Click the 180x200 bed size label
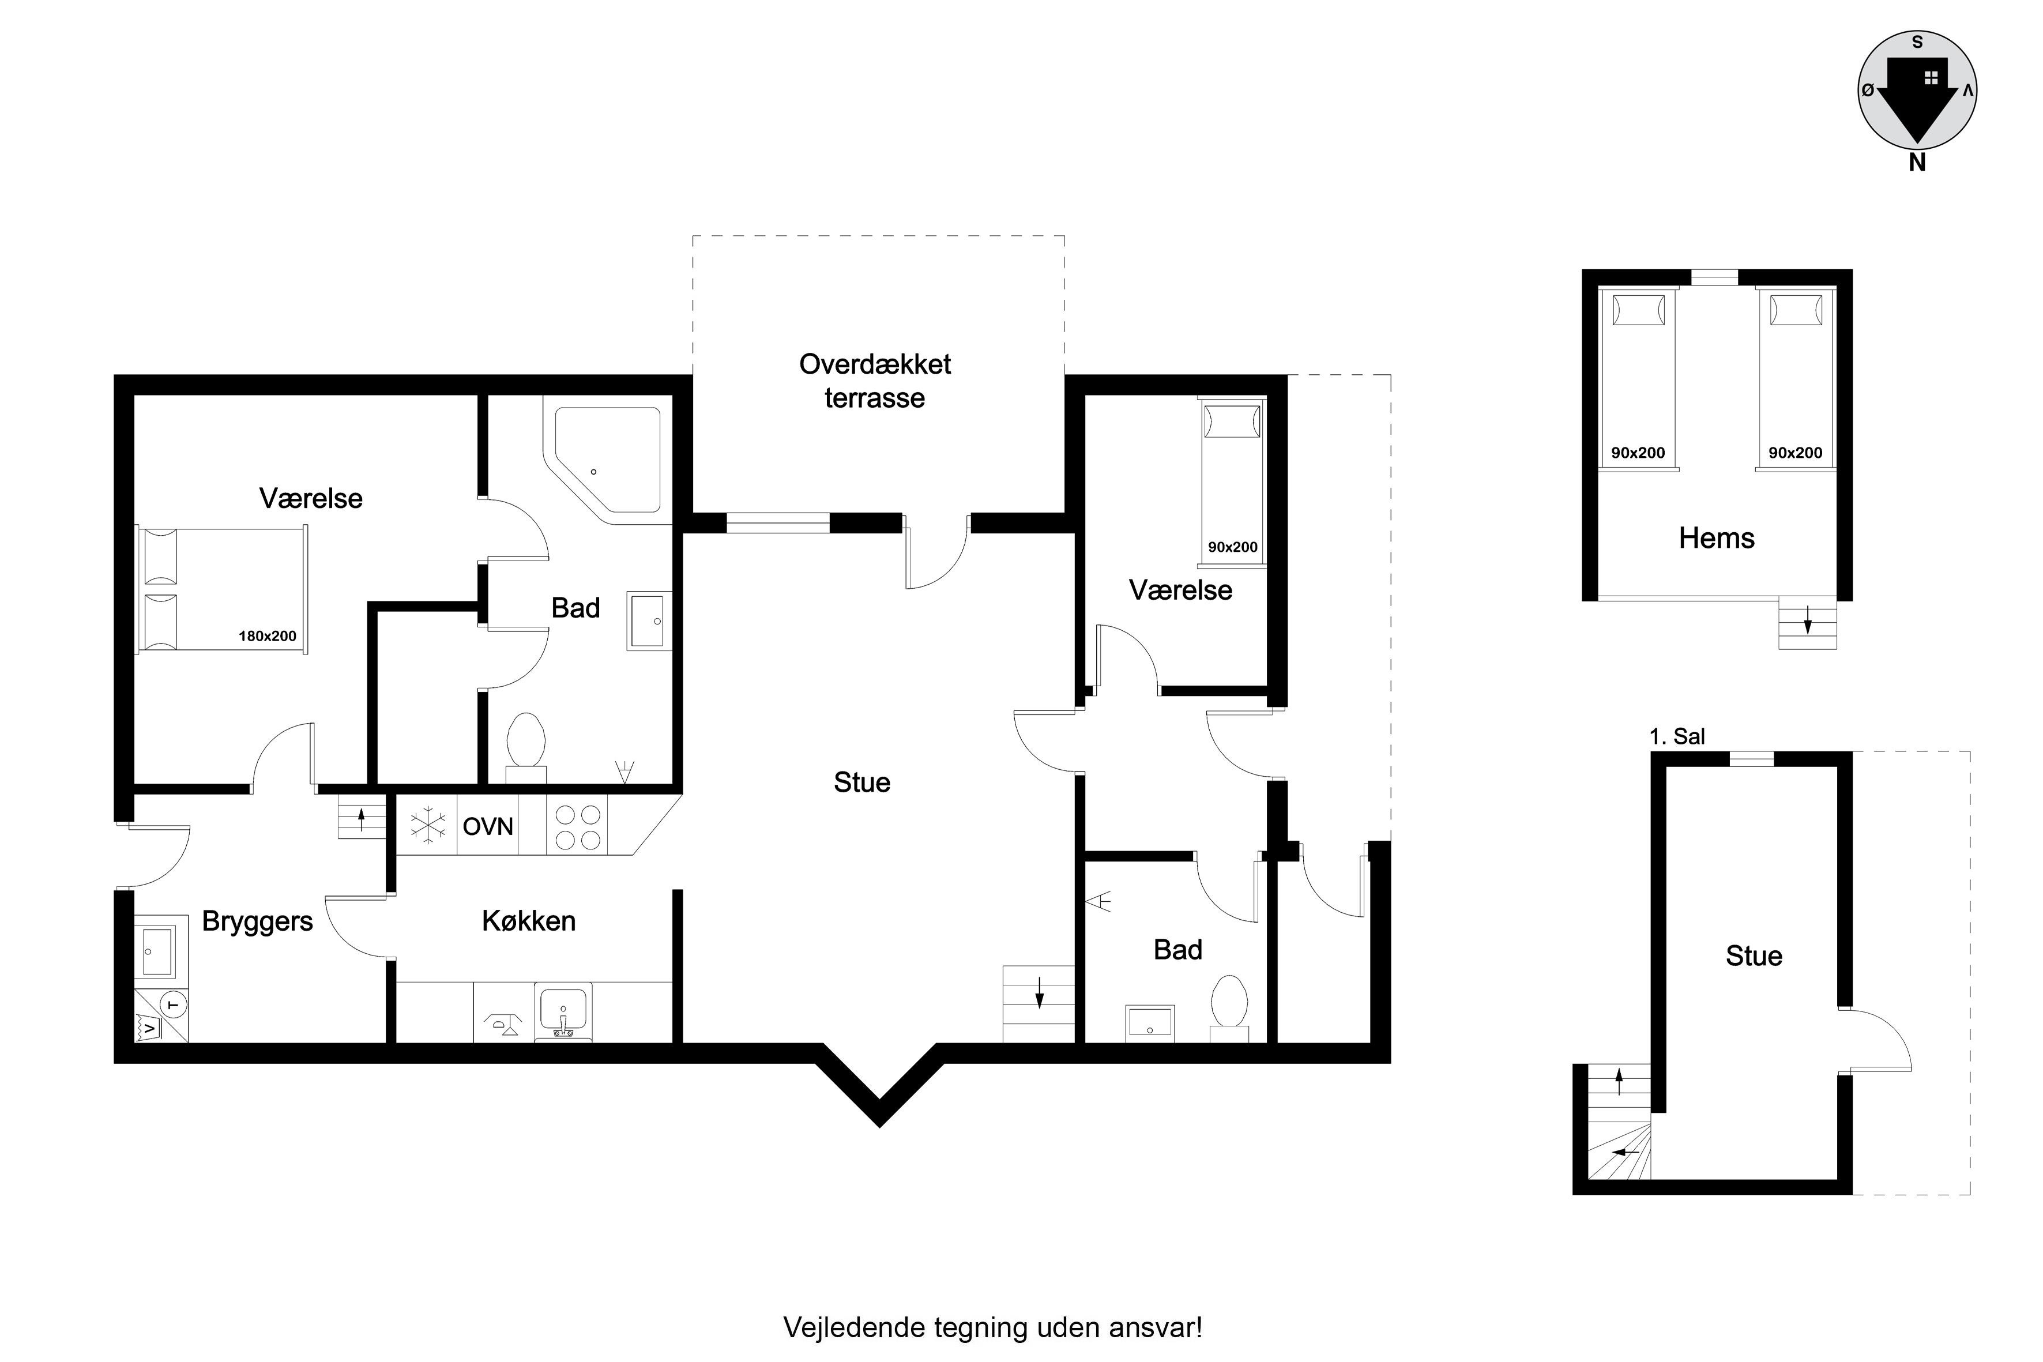[x=268, y=636]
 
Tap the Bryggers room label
[x=257, y=921]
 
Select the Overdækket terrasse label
[x=875, y=381]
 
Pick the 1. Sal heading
[x=1676, y=736]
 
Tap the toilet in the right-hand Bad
[x=1229, y=1007]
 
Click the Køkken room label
[x=529, y=921]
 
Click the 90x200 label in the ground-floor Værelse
[x=1233, y=547]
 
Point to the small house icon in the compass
[x=1931, y=78]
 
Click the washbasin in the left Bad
[x=649, y=621]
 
